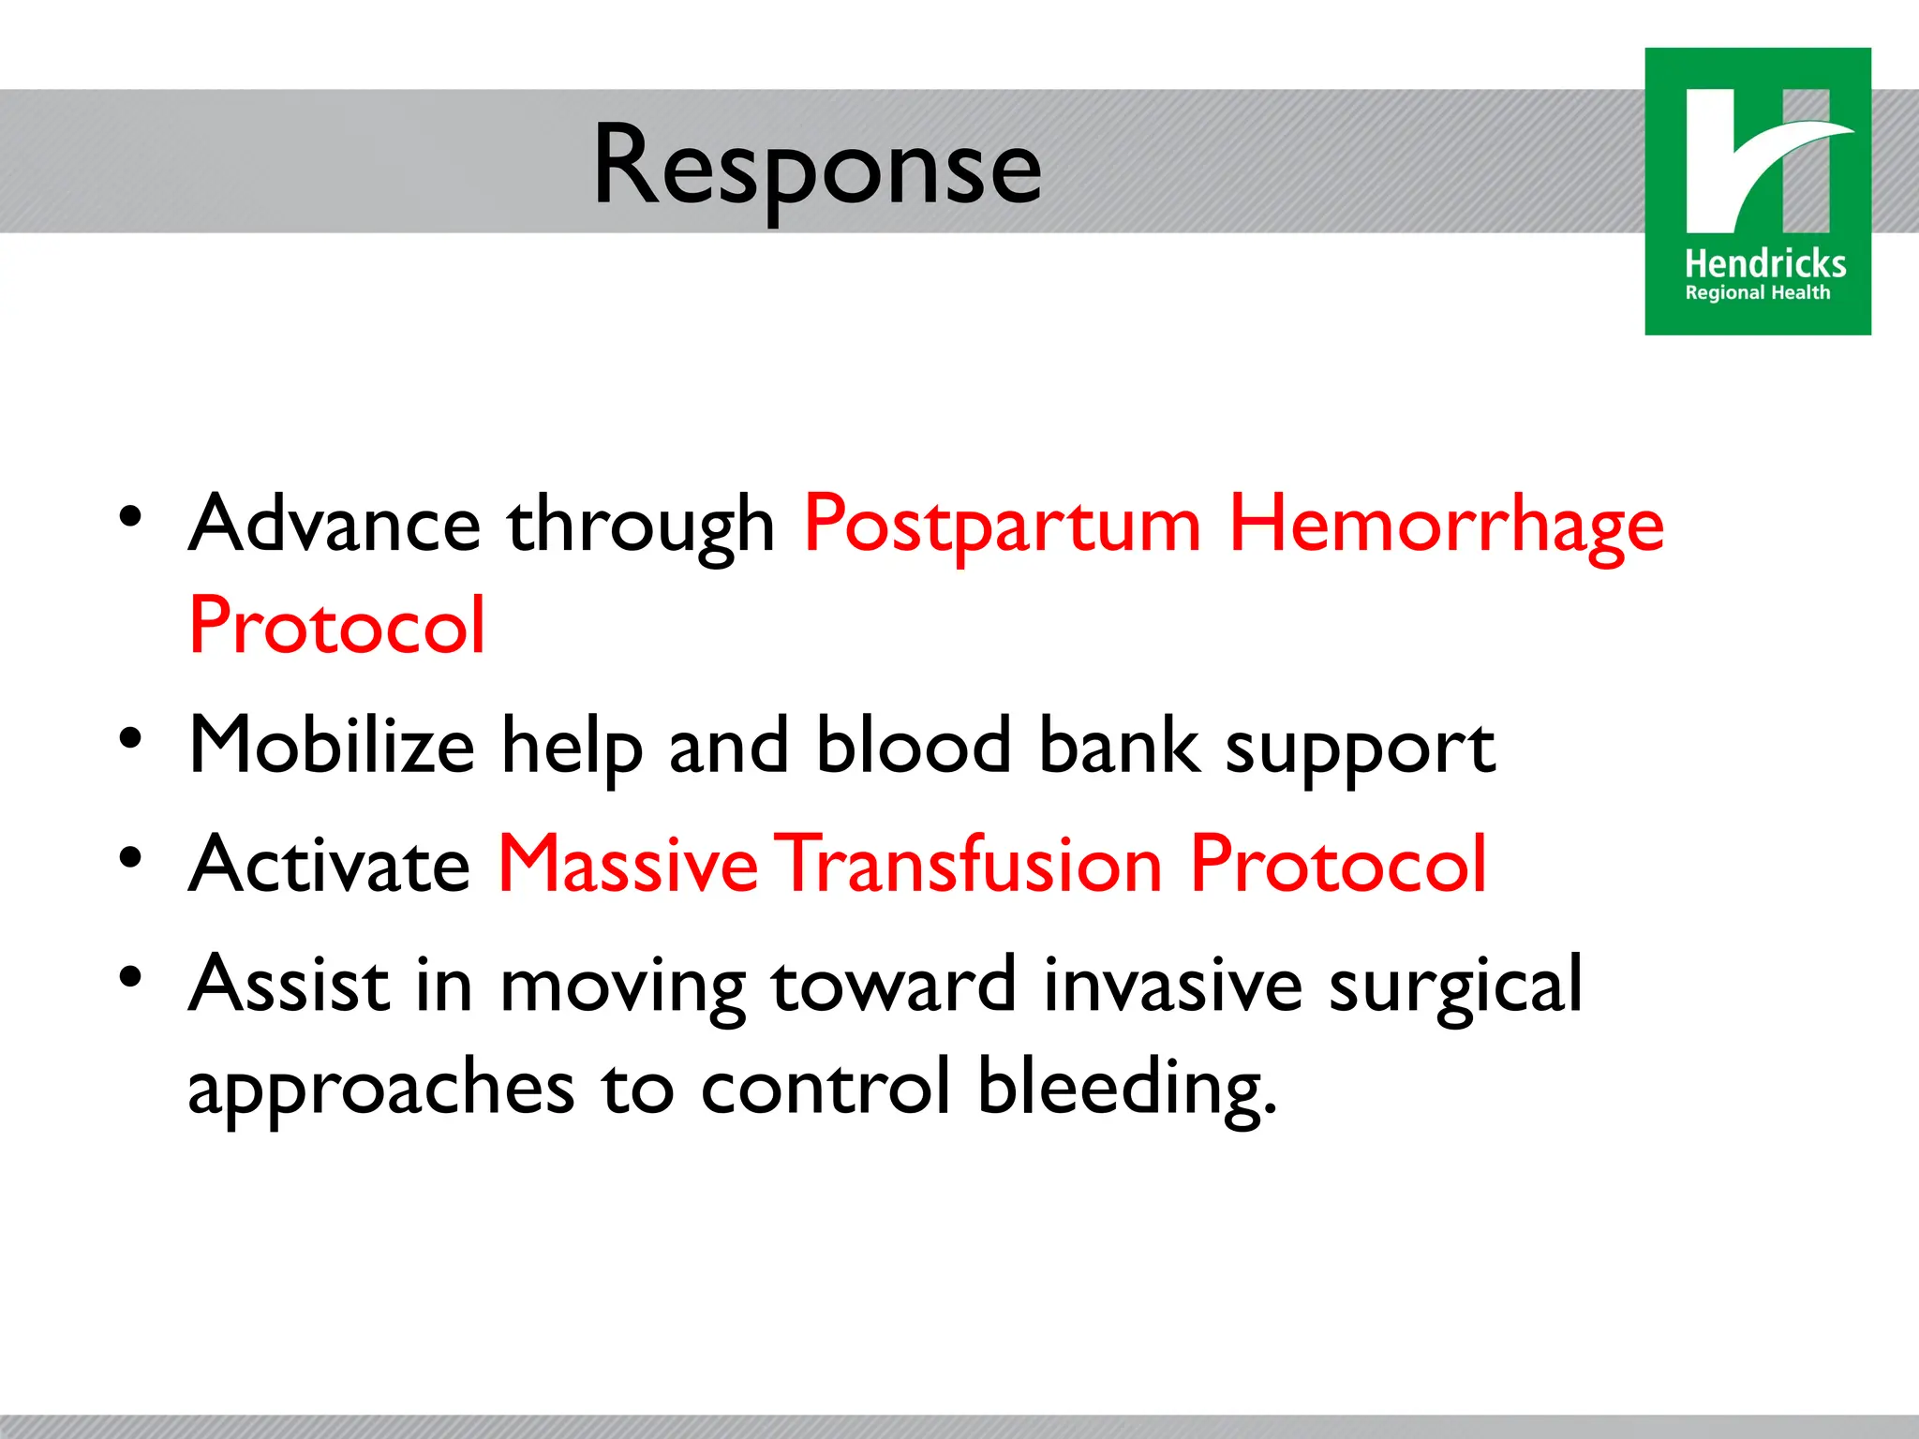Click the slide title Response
817,167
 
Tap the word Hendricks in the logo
1764,264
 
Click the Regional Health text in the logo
1757,293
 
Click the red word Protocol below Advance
337,626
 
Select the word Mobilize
332,746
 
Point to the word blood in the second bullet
914,746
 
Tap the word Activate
330,865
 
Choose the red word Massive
627,865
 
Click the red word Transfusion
972,865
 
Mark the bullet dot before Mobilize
130,739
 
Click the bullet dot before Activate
130,858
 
